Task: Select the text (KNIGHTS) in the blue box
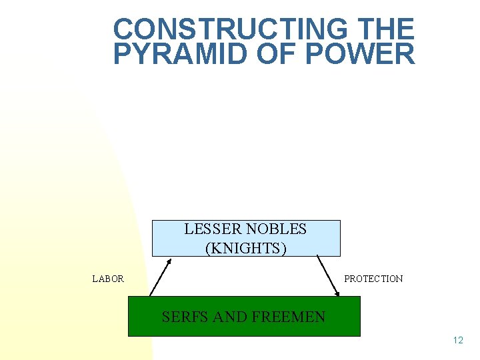pyautogui.click(x=246, y=248)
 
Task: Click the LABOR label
pyautogui.click(x=108, y=279)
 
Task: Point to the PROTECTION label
pyautogui.click(x=373, y=279)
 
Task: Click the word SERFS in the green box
pyautogui.click(x=184, y=317)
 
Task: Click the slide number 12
pyautogui.click(x=457, y=341)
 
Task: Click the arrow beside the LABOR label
pyautogui.click(x=161, y=277)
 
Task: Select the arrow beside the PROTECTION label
pyautogui.click(x=328, y=276)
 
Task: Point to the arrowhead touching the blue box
pyautogui.click(x=169, y=261)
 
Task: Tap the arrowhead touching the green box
pyautogui.click(x=337, y=292)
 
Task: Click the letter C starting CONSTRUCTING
pyautogui.click(x=123, y=29)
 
